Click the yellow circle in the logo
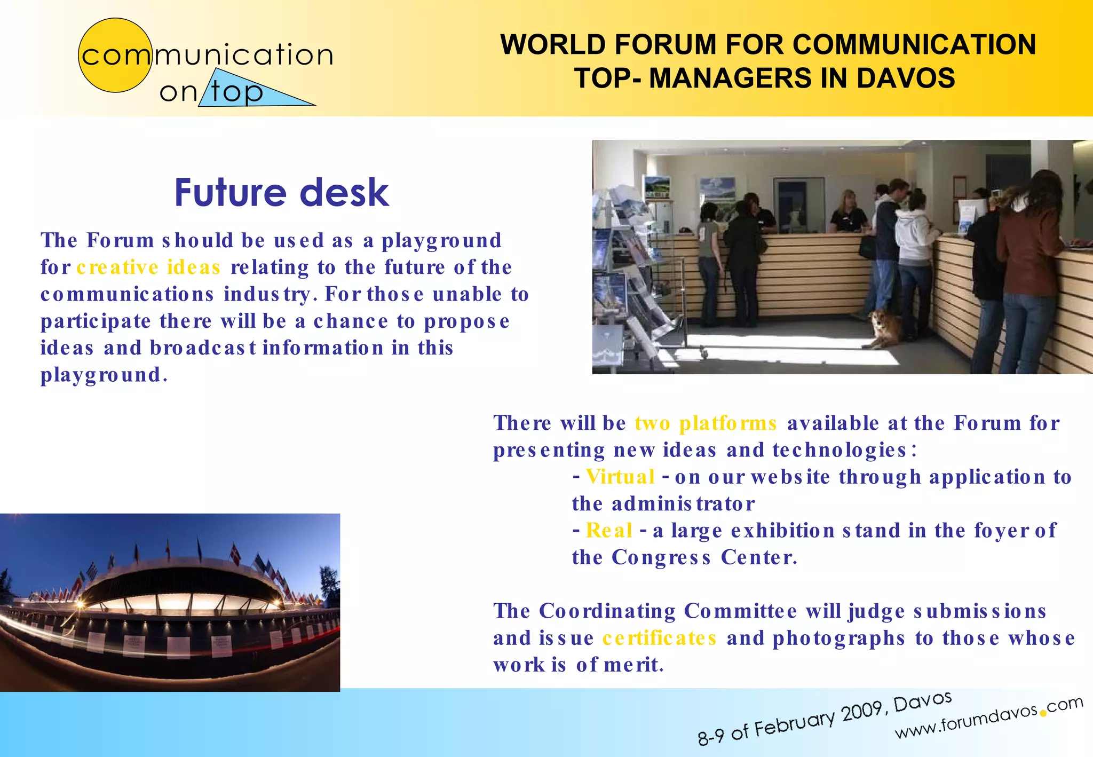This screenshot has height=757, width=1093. (x=115, y=56)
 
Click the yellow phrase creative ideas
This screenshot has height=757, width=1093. (x=148, y=267)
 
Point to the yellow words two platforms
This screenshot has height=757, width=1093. (x=706, y=423)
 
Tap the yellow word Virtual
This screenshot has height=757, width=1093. (x=620, y=477)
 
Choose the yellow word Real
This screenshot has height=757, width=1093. (x=609, y=530)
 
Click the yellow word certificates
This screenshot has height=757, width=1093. (x=659, y=638)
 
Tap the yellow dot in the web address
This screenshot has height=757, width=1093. (x=1042, y=713)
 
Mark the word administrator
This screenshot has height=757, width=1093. (x=683, y=503)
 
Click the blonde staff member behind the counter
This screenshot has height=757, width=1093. (x=848, y=214)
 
